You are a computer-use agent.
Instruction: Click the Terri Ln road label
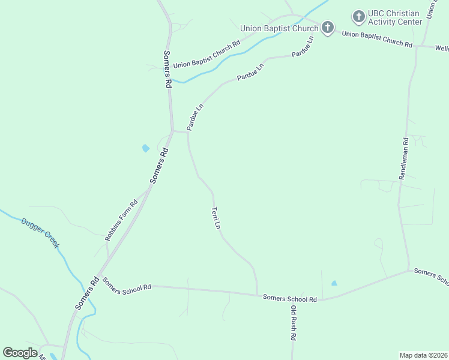tap(216, 218)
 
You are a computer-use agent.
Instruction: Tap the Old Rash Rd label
tap(294, 323)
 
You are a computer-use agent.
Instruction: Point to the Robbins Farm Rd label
tap(121, 220)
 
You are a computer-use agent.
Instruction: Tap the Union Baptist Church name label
tap(279, 28)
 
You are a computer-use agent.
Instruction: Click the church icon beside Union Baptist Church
tap(327, 28)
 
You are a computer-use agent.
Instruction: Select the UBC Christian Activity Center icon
tap(359, 16)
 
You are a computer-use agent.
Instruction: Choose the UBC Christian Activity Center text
tap(396, 17)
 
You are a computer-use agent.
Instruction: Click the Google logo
tap(20, 353)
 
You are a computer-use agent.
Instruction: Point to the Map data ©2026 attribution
tap(423, 355)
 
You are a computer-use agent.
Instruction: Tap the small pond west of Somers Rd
tap(145, 148)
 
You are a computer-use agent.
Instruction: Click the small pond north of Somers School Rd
tap(334, 283)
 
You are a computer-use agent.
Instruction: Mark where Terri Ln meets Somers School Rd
tap(258, 294)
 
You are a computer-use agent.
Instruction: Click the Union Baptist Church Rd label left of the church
tap(206, 53)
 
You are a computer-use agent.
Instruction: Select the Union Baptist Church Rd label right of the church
tap(377, 40)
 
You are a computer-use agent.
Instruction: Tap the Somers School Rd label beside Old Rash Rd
tap(289, 298)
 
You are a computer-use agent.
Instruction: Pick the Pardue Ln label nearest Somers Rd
tap(195, 117)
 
